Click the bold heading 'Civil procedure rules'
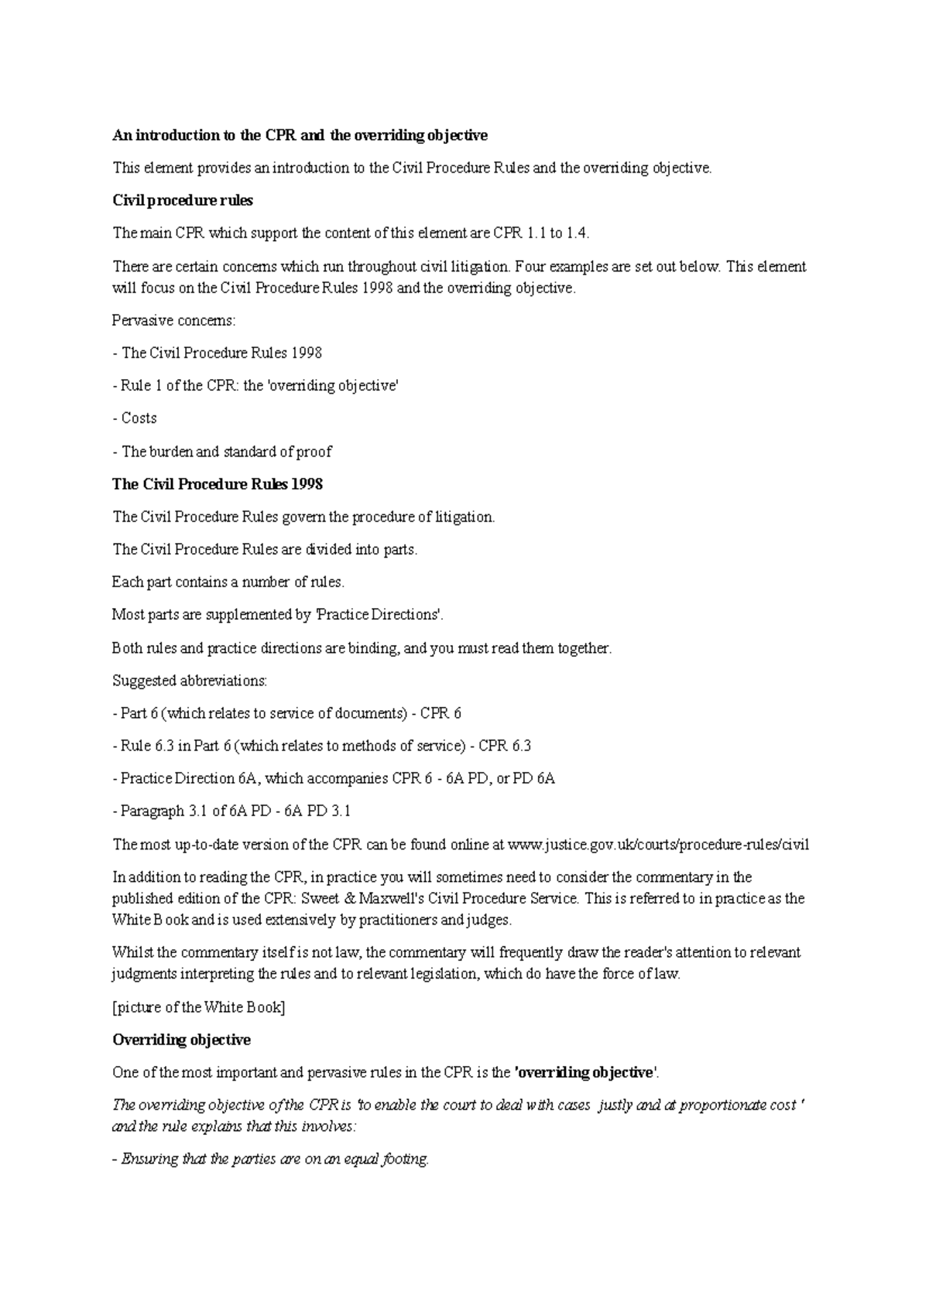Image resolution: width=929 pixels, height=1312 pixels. pyautogui.click(x=183, y=200)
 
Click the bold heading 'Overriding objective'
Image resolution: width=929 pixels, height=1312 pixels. pyautogui.click(x=181, y=1040)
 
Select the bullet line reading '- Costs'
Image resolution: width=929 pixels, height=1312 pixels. pyautogui.click(x=135, y=418)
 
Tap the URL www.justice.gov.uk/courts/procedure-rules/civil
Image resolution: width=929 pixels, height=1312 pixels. pyautogui.click(x=658, y=844)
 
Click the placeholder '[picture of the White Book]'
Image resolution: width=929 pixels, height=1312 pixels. pyautogui.click(x=199, y=1007)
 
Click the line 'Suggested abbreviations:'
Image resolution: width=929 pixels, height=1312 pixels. pyautogui.click(x=190, y=681)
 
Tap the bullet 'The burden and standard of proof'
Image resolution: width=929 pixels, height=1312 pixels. pyautogui.click(x=222, y=451)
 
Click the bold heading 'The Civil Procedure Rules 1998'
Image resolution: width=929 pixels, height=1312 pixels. pyautogui.click(x=218, y=484)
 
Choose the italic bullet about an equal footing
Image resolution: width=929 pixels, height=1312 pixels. pyautogui.click(x=271, y=1160)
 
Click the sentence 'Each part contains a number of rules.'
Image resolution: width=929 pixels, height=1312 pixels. pyautogui.click(x=228, y=582)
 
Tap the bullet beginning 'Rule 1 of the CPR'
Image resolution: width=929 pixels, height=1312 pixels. pyautogui.click(x=255, y=385)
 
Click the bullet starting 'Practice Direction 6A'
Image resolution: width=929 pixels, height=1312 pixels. pyautogui.click(x=334, y=778)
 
